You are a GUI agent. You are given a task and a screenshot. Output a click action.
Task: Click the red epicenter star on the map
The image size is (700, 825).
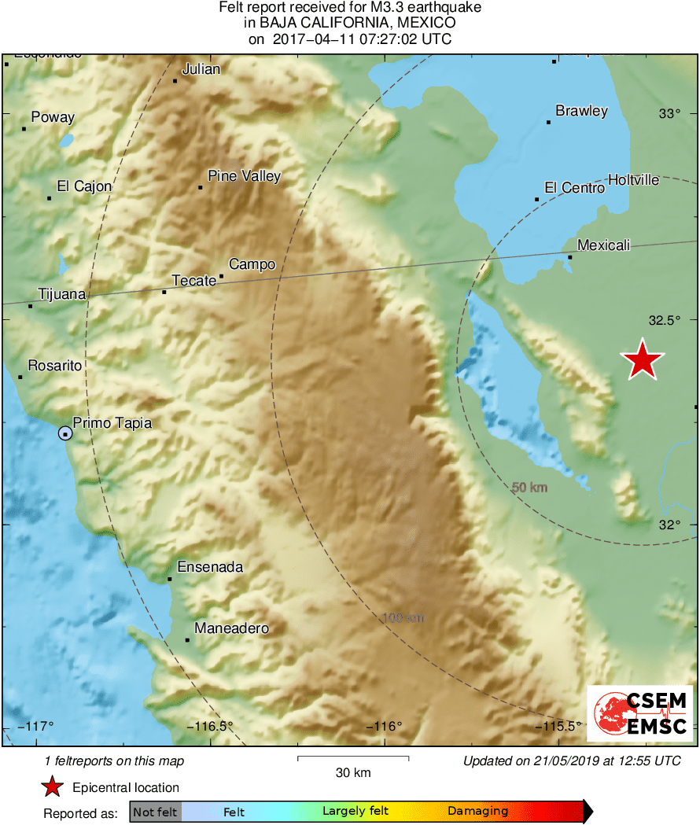click(643, 360)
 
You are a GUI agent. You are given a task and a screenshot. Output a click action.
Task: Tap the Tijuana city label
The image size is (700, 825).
click(61, 294)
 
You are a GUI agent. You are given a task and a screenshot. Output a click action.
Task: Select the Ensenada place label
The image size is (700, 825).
click(210, 567)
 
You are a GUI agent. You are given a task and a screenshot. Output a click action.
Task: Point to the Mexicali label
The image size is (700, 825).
click(603, 245)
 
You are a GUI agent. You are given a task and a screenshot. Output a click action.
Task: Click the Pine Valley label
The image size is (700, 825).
click(244, 176)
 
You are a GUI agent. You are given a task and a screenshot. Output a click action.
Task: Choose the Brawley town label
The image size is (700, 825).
click(581, 111)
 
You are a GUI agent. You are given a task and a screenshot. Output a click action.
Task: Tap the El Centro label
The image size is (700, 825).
click(574, 188)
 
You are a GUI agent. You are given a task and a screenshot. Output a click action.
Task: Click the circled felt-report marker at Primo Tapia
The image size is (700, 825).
click(64, 433)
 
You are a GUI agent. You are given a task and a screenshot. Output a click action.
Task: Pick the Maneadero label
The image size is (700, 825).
click(231, 628)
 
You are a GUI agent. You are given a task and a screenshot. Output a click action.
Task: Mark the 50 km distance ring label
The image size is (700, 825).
click(529, 488)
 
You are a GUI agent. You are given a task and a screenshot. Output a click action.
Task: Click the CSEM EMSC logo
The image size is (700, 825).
click(639, 713)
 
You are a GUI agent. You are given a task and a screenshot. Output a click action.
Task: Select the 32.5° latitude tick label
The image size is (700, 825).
click(663, 319)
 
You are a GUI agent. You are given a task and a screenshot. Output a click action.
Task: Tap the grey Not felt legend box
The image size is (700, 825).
click(156, 812)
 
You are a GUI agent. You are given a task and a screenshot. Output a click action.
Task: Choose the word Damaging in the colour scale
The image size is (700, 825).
click(477, 812)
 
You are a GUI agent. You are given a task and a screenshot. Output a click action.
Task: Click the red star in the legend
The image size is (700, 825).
click(53, 787)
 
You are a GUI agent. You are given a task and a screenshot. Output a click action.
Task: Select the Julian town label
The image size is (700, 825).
click(201, 69)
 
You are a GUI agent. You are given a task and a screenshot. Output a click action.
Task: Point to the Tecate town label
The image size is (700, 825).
click(193, 281)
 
